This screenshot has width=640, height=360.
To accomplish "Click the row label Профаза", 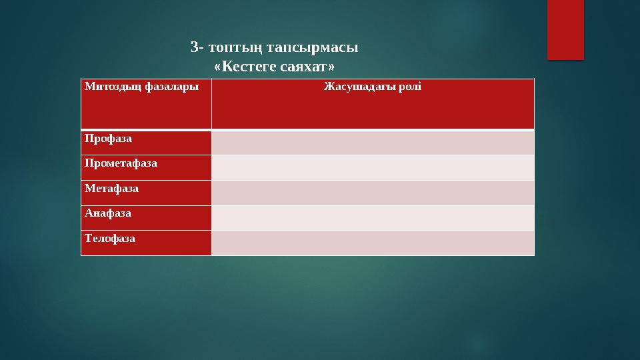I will pos(108,139).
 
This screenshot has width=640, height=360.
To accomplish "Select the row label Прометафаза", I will pos(121,163).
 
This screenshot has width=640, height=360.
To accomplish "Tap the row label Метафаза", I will pos(111,189).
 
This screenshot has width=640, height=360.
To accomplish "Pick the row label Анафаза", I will pos(108,213).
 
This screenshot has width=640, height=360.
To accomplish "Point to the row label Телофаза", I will pos(110,238).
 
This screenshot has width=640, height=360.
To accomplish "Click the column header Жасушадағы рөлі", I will pos(372,87).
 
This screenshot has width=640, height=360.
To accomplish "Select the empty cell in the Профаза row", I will pos(373,143).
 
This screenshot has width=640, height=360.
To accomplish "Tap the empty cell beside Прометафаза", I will pos(373,167).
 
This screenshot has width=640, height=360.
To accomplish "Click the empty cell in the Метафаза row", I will pos(373,193).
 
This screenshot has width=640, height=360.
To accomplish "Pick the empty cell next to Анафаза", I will pos(373,217).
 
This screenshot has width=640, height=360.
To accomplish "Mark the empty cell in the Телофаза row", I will pos(373,243).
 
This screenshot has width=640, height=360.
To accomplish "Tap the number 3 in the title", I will pos(194,47).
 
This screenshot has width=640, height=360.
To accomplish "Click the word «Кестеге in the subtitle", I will pos(243,67).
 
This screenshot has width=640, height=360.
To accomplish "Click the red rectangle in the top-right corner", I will pos(565,29).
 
